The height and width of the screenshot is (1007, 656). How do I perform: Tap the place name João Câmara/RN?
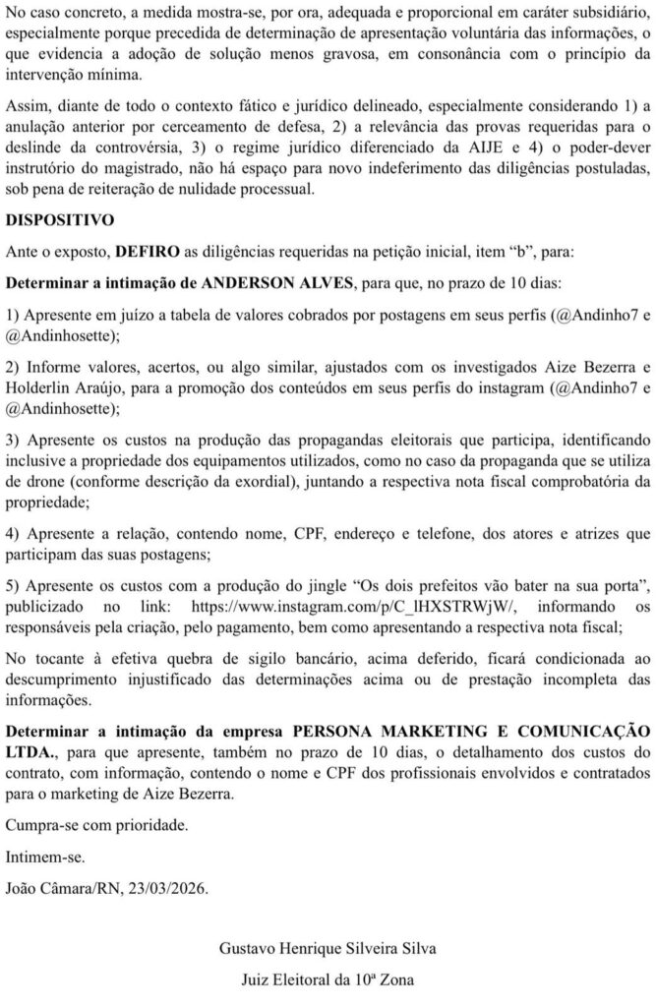click(61, 888)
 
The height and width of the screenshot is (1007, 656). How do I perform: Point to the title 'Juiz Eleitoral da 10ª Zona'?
click(328, 980)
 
